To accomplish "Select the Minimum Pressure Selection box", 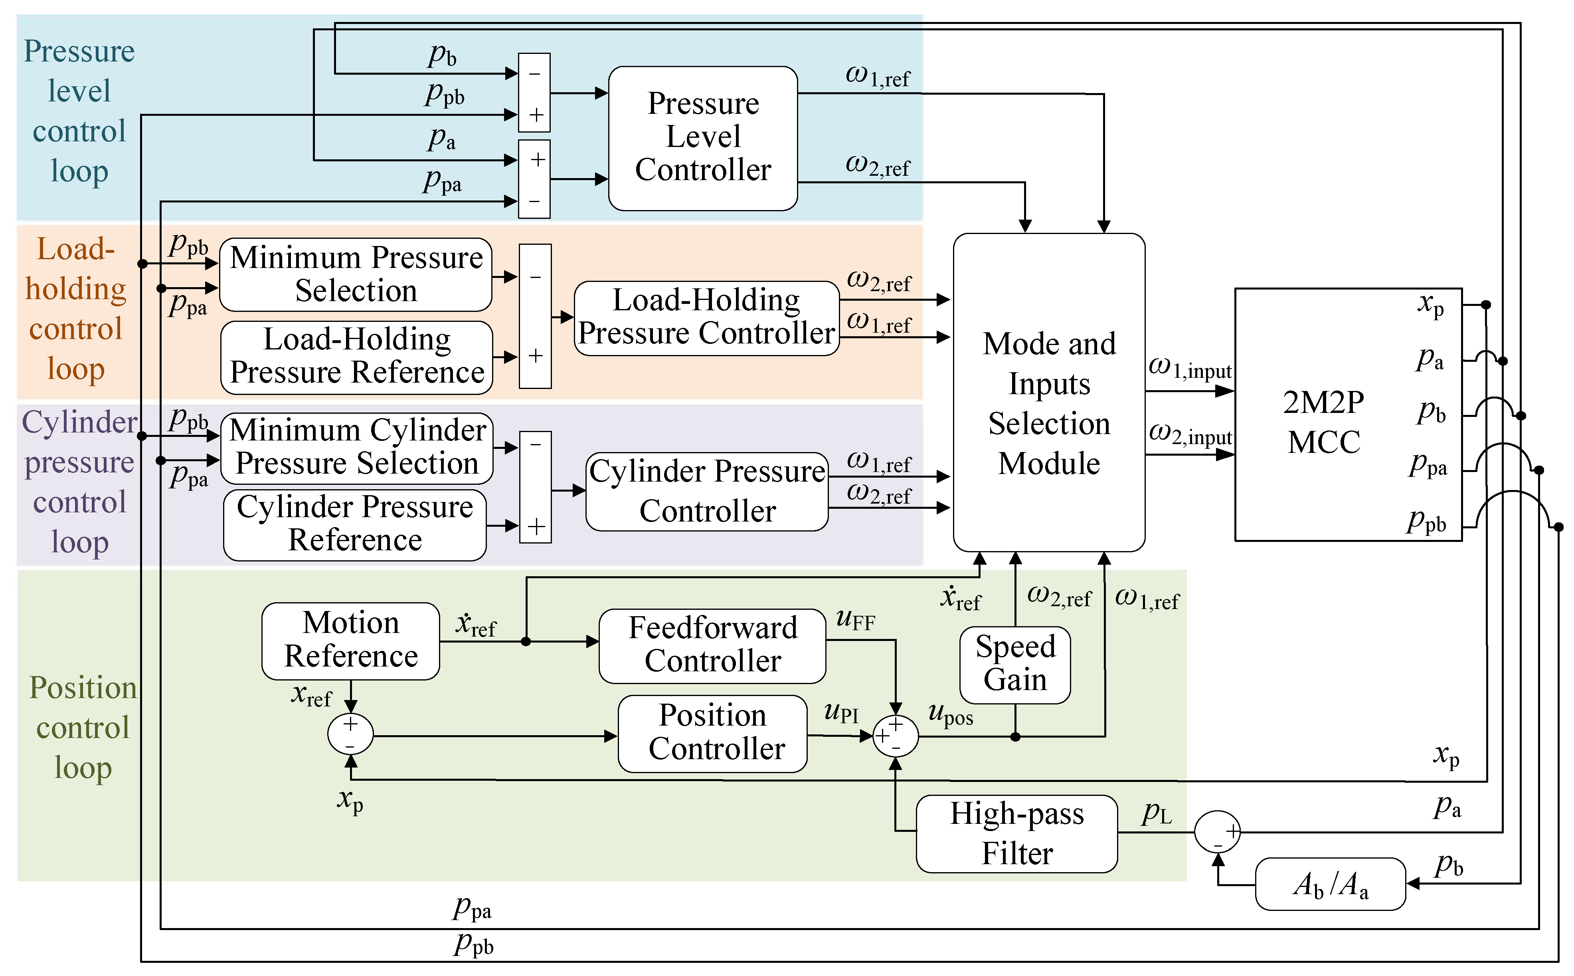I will [x=356, y=274].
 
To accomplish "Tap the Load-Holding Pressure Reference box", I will [x=357, y=357].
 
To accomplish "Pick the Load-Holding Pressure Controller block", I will [x=706, y=317].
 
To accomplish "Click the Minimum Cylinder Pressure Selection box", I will [x=357, y=447].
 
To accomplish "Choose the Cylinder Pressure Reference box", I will [x=355, y=524].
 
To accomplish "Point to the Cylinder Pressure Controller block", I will [x=707, y=491].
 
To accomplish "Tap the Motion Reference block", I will [x=351, y=640].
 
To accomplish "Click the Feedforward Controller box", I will [x=712, y=645].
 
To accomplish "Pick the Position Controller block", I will [x=712, y=733].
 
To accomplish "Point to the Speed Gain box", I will [x=1015, y=664].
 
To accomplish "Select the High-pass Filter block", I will [x=1016, y=833].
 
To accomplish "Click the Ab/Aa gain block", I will [x=1330, y=884].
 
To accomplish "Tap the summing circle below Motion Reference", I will [x=350, y=734].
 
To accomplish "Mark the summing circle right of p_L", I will [x=1217, y=832].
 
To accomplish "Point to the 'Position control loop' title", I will [x=83, y=728].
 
